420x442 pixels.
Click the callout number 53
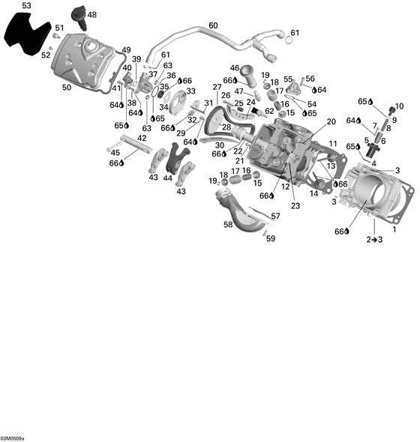click(x=26, y=6)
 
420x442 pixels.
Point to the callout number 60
click(x=213, y=25)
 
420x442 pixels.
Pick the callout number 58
click(x=228, y=224)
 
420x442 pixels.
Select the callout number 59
click(x=271, y=239)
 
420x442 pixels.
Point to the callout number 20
click(x=331, y=121)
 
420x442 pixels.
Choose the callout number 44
click(x=168, y=178)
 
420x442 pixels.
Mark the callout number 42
click(x=142, y=138)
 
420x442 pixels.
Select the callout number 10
click(x=398, y=106)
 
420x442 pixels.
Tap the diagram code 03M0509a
click(x=13, y=438)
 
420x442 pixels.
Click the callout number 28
click(x=226, y=127)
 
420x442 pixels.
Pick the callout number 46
click(x=234, y=68)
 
